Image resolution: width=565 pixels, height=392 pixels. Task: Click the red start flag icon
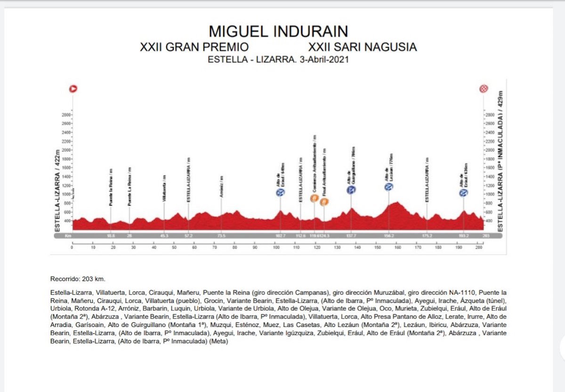(x=73, y=88)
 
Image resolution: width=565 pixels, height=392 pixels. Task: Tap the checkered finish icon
(x=484, y=88)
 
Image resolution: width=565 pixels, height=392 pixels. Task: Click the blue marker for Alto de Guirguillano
(x=351, y=190)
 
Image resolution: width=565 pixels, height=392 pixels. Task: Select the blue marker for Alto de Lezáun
(x=388, y=187)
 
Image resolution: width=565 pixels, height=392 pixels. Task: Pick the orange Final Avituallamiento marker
(x=324, y=202)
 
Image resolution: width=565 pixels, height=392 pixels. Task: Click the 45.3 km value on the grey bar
(x=164, y=235)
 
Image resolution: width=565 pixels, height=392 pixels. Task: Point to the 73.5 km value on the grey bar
(x=221, y=235)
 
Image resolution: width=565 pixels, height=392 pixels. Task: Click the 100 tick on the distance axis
(x=275, y=247)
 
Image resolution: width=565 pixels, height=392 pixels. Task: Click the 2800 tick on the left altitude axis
(x=65, y=115)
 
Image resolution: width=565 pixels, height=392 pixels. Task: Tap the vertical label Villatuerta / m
(x=164, y=189)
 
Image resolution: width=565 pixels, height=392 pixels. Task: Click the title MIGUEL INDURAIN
(x=278, y=31)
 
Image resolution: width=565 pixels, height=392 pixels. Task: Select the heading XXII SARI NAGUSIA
(x=362, y=47)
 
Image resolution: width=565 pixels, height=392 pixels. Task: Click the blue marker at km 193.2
(x=464, y=192)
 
